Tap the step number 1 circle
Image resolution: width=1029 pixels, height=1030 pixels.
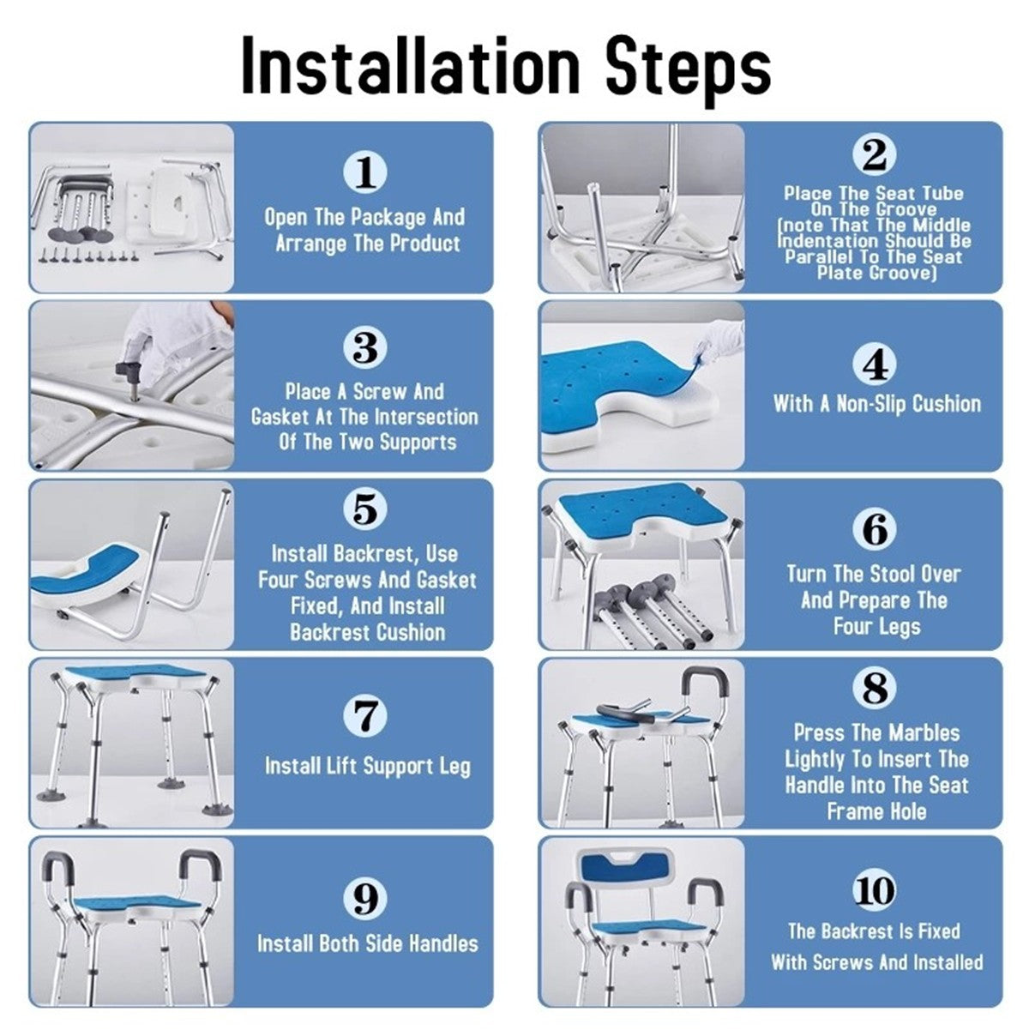(x=366, y=172)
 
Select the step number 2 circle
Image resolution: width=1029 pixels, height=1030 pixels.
(x=875, y=154)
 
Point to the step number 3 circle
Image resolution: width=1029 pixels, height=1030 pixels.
(x=366, y=347)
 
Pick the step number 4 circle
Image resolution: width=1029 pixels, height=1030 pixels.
(x=875, y=364)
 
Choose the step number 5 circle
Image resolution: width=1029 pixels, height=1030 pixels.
(x=366, y=509)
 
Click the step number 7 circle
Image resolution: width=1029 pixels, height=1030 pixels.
(x=366, y=714)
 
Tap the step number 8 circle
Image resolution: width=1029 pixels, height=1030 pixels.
(x=875, y=687)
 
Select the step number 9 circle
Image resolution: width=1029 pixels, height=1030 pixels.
(x=366, y=899)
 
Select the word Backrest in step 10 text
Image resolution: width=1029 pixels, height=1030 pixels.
(x=857, y=931)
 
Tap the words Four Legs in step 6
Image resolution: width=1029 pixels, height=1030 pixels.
(x=876, y=626)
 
